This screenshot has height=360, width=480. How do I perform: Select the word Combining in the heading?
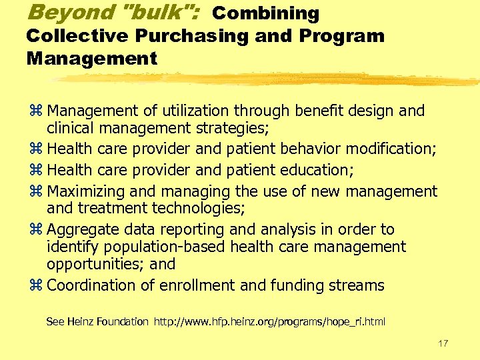(265, 13)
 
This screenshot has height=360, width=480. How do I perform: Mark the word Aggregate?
(81, 230)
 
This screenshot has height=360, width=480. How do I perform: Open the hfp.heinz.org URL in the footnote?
(269, 322)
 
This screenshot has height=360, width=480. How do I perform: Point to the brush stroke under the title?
(267, 80)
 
